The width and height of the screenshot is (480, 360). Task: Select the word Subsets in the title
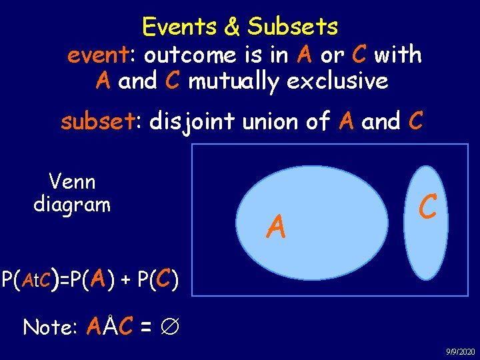[x=293, y=27]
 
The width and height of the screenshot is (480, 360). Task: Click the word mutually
[x=231, y=81]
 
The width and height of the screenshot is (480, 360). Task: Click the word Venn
[x=72, y=181]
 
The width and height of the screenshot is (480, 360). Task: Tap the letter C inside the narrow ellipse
[x=427, y=207]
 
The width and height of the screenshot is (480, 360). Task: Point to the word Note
[x=48, y=327]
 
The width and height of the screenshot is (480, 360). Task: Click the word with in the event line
[x=397, y=55]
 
